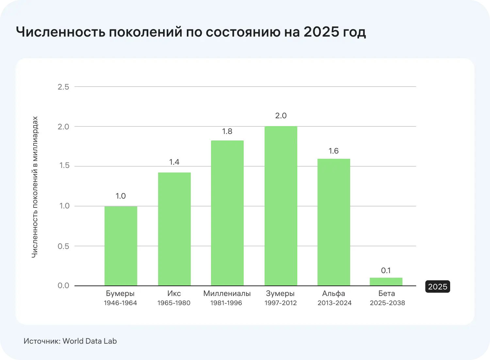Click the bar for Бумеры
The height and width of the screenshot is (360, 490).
coord(121,246)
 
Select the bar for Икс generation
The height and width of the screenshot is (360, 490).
coord(174,229)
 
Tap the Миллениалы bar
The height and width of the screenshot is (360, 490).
coord(227,213)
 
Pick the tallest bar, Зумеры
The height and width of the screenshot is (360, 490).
coord(281,206)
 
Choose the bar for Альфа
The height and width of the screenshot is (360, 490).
coord(334,222)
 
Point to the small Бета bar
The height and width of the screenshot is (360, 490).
coord(386,282)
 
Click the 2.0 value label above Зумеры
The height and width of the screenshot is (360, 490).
coord(281,116)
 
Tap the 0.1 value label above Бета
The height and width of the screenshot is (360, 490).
coord(386,270)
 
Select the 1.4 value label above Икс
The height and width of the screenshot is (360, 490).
coord(174,162)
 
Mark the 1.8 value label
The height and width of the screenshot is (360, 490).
coord(227,131)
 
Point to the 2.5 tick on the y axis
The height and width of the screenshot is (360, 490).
coord(63,87)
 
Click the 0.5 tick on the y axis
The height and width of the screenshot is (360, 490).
coord(63,246)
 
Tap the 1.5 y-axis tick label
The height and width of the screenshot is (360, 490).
coord(63,166)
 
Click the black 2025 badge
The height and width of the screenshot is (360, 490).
coord(437,286)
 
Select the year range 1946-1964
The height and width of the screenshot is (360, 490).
coord(120,303)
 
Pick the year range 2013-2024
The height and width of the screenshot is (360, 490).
coord(334,303)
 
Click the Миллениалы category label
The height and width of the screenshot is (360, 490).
coord(227,293)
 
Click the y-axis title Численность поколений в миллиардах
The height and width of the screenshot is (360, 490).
coord(35,187)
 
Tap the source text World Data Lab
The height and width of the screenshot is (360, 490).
coord(90,341)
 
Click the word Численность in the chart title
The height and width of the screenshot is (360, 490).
coord(60,32)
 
